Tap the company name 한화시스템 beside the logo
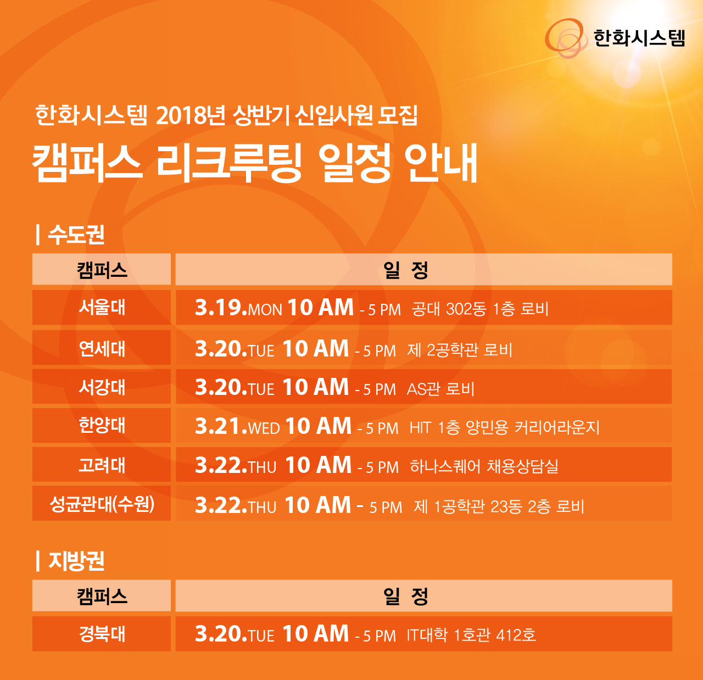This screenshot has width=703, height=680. (x=639, y=38)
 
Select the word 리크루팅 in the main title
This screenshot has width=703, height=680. (x=228, y=163)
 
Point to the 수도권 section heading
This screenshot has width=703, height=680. (x=76, y=235)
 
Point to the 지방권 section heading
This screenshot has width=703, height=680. (x=76, y=561)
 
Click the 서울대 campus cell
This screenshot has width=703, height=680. (x=102, y=308)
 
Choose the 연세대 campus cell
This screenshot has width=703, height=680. (x=102, y=348)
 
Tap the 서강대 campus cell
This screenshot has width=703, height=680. (x=102, y=387)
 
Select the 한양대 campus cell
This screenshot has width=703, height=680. (x=102, y=425)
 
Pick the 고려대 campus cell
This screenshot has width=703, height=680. (x=102, y=464)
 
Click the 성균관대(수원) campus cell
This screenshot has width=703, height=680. (x=102, y=503)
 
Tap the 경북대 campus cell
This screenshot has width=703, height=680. (x=102, y=634)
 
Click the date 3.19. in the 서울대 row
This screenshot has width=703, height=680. (x=221, y=308)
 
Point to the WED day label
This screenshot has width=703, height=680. (x=264, y=428)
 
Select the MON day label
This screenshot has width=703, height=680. (x=265, y=310)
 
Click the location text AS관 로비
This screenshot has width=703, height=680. (x=440, y=389)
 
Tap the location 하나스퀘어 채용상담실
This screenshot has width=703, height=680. (x=484, y=466)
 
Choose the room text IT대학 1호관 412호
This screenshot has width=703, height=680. (x=471, y=635)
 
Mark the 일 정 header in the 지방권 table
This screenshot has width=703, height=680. (x=406, y=596)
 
